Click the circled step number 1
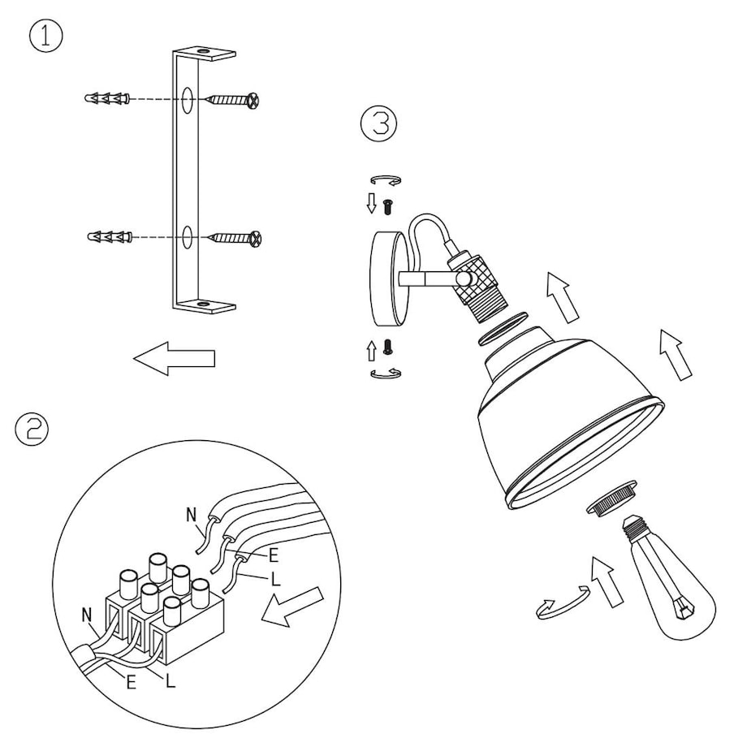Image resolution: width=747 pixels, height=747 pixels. coord(45,37)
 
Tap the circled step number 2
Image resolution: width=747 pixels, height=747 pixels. coord(32,430)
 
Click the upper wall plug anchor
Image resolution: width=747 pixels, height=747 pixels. coord(106,98)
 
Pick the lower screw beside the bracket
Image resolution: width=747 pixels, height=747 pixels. coord(236,237)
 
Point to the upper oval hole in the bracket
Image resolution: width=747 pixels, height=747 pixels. coord(188,100)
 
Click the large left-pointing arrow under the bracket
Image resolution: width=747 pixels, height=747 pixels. coord(174,358)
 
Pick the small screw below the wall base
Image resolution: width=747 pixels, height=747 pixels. coord(388,347)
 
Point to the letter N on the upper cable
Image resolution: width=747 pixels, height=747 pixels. coord(192,515)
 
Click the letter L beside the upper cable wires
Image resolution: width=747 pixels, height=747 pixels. coord(275,579)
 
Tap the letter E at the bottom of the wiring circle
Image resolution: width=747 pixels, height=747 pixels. coord(131,683)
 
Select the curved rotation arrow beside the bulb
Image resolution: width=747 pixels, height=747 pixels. coord(563,602)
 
